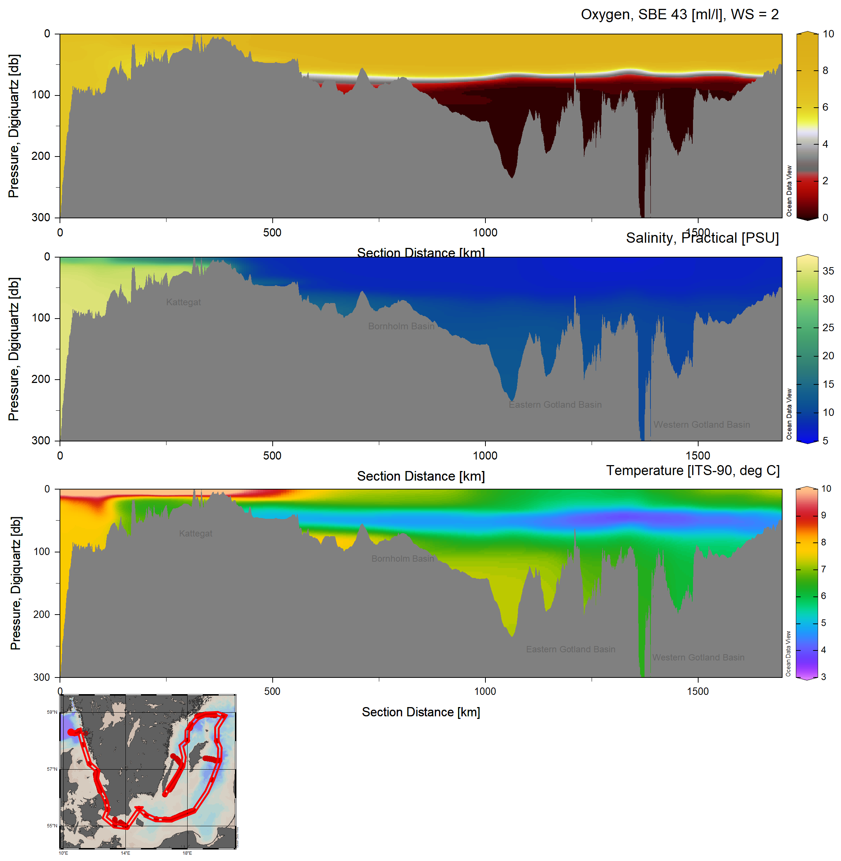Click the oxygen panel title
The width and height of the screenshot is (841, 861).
(x=679, y=14)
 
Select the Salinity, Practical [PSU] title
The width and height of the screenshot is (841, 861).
(x=702, y=238)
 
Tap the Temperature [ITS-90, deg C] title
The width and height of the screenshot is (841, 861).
(x=693, y=471)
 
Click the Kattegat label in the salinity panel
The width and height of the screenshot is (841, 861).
(x=183, y=302)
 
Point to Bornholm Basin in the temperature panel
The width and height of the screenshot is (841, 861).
(x=403, y=558)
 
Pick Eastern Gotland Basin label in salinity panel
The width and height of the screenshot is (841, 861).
(x=555, y=405)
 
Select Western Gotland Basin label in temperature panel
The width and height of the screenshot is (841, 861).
(x=698, y=657)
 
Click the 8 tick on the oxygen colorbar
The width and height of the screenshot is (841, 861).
(x=825, y=71)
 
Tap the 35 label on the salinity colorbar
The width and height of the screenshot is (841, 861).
(x=828, y=271)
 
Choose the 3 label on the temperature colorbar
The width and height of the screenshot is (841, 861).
(x=823, y=677)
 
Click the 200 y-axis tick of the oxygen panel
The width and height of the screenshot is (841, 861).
(x=41, y=156)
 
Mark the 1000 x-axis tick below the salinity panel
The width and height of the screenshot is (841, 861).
(x=485, y=455)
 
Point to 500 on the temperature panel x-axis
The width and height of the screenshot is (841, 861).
(x=272, y=692)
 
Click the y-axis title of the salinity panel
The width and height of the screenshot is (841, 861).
(x=14, y=349)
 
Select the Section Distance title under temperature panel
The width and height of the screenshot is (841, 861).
(x=420, y=712)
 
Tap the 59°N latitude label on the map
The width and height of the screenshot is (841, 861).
(x=52, y=712)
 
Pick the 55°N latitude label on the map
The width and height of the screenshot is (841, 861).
(x=52, y=825)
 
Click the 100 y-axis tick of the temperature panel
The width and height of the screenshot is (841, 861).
(x=41, y=552)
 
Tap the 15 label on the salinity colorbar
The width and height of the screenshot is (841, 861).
(x=828, y=384)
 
